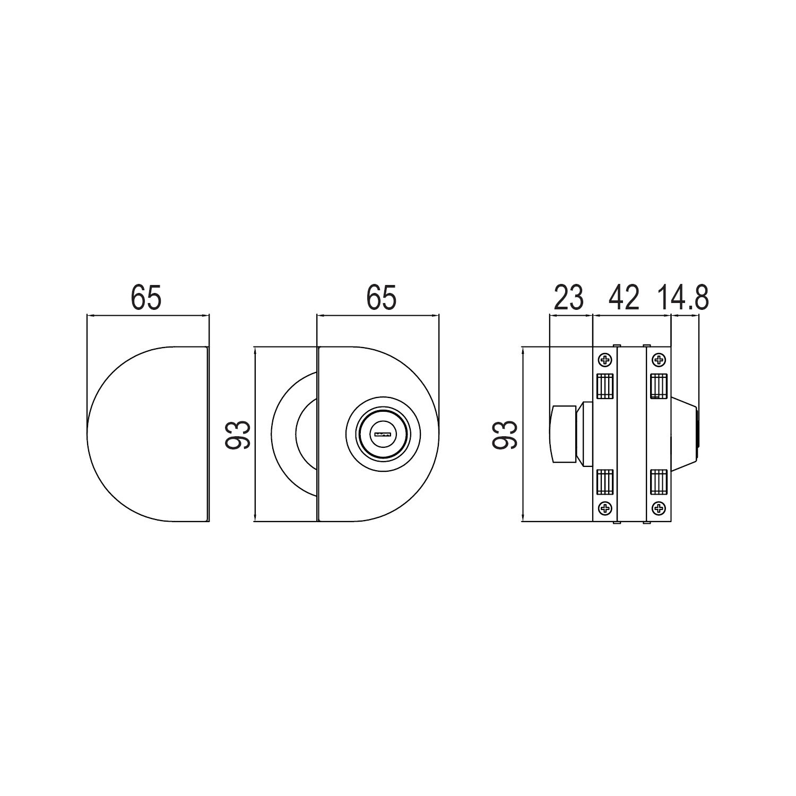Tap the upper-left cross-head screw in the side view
(x=605, y=360)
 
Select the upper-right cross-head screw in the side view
(x=659, y=360)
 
